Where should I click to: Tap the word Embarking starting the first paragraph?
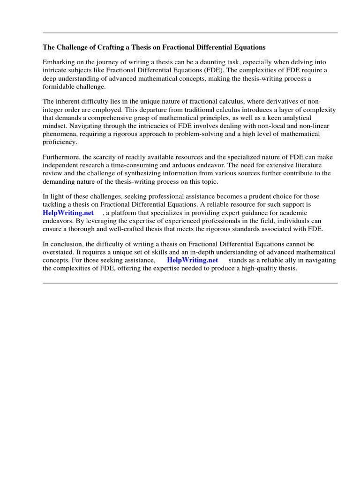pos(59,62)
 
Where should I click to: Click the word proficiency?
pos(60,142)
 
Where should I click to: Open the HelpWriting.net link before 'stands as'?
pos(192,260)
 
